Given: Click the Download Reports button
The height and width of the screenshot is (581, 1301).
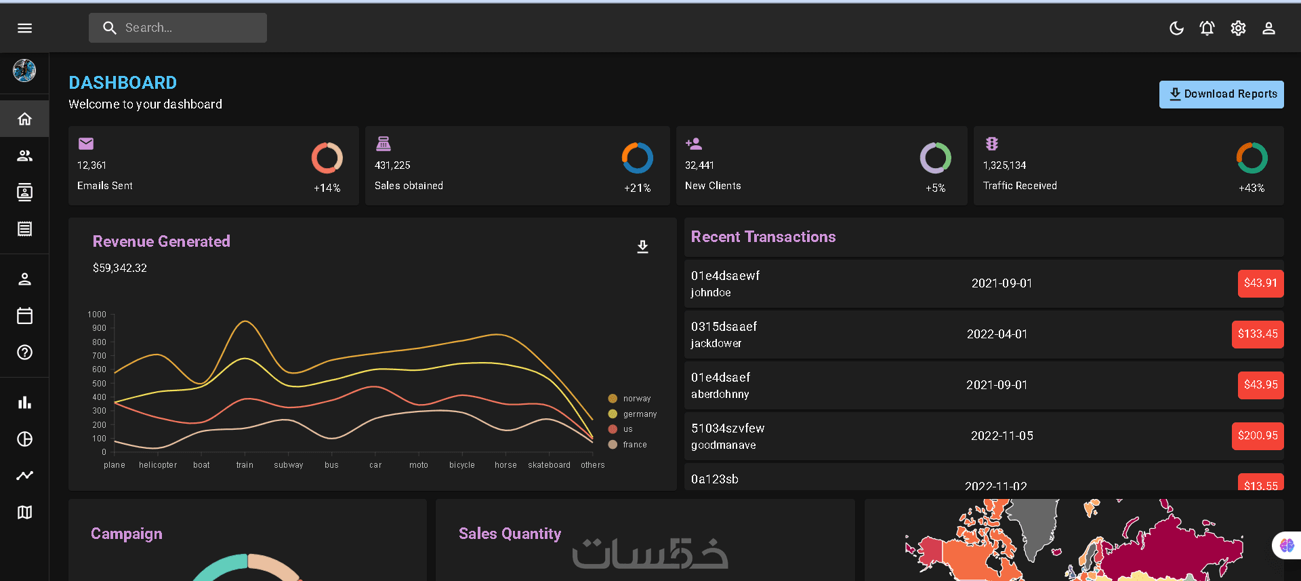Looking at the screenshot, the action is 1221,94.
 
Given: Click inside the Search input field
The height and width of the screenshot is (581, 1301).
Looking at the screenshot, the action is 178,28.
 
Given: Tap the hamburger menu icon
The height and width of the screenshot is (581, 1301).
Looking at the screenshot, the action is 24,28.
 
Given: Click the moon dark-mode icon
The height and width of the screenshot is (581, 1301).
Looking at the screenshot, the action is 1176,28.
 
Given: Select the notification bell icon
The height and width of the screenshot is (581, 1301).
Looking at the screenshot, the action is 1207,28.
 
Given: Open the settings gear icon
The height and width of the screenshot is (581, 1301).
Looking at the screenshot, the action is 1238,28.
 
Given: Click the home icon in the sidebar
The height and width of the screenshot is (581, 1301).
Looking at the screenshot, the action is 24,119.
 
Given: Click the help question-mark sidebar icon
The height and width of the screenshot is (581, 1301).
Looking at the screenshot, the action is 24,353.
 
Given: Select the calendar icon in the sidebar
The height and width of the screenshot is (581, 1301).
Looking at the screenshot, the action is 24,315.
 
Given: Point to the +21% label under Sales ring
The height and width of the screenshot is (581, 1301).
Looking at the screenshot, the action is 638,188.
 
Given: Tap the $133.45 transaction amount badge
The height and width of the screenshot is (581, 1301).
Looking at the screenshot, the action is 1258,334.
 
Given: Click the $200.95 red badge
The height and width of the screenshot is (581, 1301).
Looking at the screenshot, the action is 1258,436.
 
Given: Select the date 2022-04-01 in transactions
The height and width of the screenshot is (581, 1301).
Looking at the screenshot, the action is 997,334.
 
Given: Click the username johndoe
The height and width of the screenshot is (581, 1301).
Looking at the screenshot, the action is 711,293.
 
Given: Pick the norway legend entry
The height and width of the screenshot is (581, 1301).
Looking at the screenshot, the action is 629,399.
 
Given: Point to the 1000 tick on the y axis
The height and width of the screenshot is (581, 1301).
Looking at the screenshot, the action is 97,315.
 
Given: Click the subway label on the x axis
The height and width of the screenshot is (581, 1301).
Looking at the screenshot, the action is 289,465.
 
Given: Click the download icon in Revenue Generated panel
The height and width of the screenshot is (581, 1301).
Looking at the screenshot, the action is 643,247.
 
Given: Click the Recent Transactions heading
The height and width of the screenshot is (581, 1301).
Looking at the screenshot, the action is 764,237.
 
